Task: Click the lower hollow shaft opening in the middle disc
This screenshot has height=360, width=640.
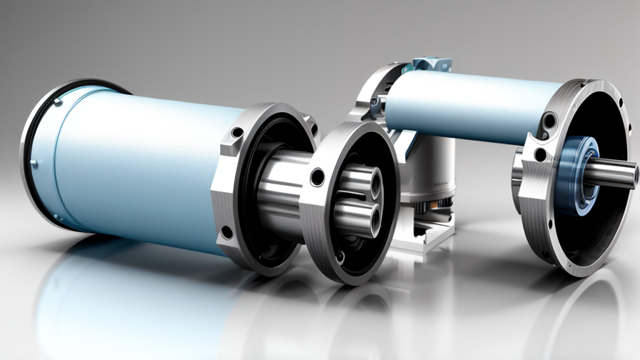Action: click(367, 216)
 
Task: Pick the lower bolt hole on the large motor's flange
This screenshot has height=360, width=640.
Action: click(227, 233)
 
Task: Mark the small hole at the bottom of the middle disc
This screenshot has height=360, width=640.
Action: click(342, 256)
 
